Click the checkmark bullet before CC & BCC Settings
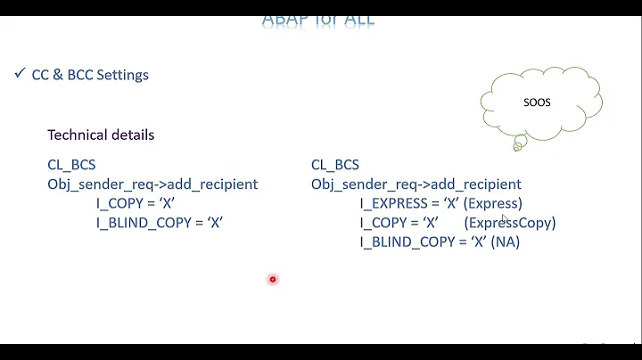tap(20, 73)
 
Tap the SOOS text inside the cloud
tap(537, 102)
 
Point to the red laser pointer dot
tap(273, 280)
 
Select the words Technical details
tap(101, 135)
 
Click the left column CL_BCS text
tap(71, 165)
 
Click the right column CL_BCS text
tap(335, 165)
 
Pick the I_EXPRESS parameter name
tap(393, 204)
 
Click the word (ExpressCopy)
tap(509, 223)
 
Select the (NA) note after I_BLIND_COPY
tap(506, 242)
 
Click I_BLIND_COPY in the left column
tap(144, 223)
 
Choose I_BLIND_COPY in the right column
tap(407, 242)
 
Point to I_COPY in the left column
tap(122, 204)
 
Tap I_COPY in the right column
tap(386, 223)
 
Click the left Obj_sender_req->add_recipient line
tap(152, 184)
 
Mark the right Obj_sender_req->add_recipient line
tap(416, 184)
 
